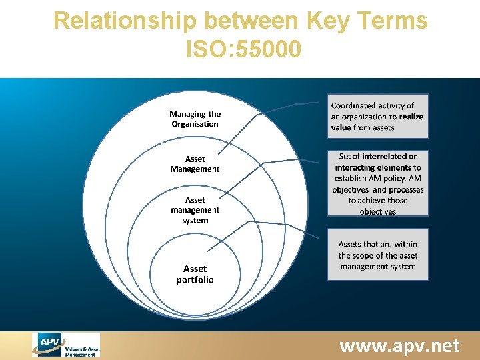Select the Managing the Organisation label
(x=195, y=119)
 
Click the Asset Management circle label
(x=195, y=164)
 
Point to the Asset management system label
(x=195, y=210)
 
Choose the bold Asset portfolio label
(x=195, y=274)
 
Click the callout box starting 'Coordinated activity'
(x=377, y=116)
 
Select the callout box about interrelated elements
(x=377, y=183)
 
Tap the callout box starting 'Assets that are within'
(x=377, y=255)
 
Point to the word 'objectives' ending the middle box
(x=377, y=212)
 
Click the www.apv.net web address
(x=399, y=346)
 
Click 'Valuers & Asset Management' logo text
(x=82, y=351)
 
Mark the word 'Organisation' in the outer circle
(x=195, y=124)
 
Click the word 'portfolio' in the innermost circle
(x=195, y=280)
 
